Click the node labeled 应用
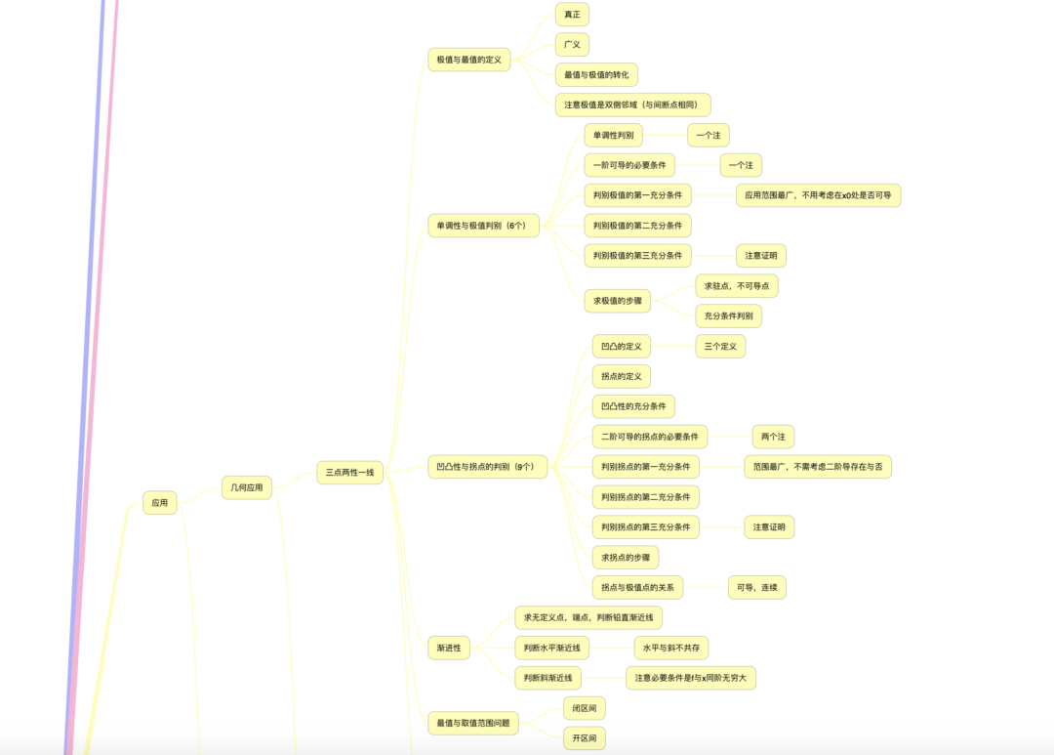(x=160, y=503)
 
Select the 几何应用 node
(x=247, y=487)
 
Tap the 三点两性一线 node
(x=349, y=473)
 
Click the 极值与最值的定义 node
(x=469, y=60)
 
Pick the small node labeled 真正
(x=572, y=15)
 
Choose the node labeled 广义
(x=572, y=44)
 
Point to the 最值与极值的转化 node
(x=596, y=74)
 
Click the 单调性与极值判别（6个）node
(x=483, y=226)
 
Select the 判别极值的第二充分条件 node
(x=637, y=226)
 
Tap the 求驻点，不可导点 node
(x=737, y=286)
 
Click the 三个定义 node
(x=720, y=347)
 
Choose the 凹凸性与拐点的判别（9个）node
(x=487, y=466)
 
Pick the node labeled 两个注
(x=773, y=437)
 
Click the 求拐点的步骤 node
(x=626, y=557)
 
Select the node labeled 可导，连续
(x=757, y=587)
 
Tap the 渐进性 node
(x=449, y=648)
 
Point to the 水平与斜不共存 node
(x=670, y=648)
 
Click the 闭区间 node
(x=585, y=708)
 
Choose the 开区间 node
(x=585, y=738)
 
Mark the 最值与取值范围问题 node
(x=473, y=724)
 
